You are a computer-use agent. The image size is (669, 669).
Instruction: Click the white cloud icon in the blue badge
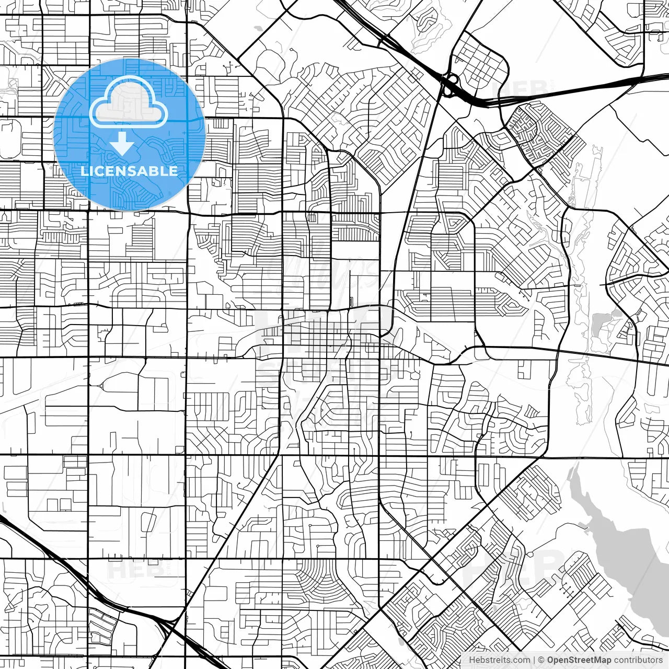click(129, 103)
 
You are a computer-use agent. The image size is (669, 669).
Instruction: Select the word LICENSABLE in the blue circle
click(129, 171)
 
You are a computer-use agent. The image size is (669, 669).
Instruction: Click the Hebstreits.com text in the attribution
click(499, 660)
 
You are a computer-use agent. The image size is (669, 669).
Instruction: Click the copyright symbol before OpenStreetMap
click(541, 660)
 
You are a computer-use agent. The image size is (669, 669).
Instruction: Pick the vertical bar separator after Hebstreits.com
click(534, 660)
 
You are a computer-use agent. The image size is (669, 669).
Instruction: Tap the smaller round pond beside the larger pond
click(617, 314)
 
